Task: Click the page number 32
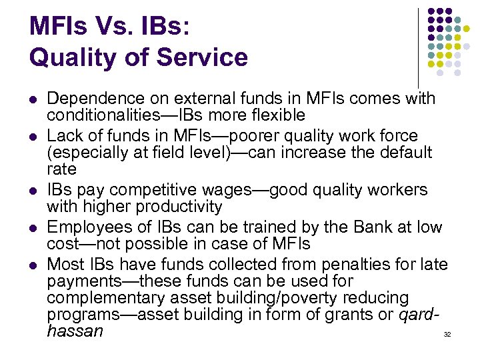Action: (x=447, y=333)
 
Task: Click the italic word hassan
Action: (x=75, y=330)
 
